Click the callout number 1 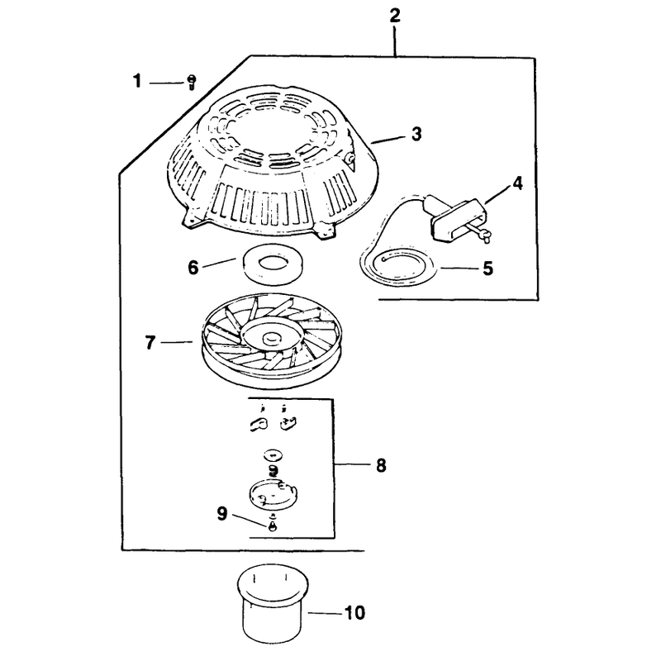(x=137, y=81)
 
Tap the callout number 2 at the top (x=395, y=16)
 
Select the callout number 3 (x=416, y=134)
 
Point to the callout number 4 (x=517, y=183)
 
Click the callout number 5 (x=487, y=268)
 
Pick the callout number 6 (x=193, y=267)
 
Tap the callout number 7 (x=150, y=343)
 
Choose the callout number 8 (x=381, y=465)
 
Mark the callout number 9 (x=222, y=513)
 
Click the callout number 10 (x=354, y=613)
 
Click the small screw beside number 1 (x=191, y=82)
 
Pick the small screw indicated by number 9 (x=273, y=525)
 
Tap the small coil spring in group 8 (x=273, y=470)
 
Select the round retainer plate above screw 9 (x=274, y=494)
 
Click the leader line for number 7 (x=177, y=343)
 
